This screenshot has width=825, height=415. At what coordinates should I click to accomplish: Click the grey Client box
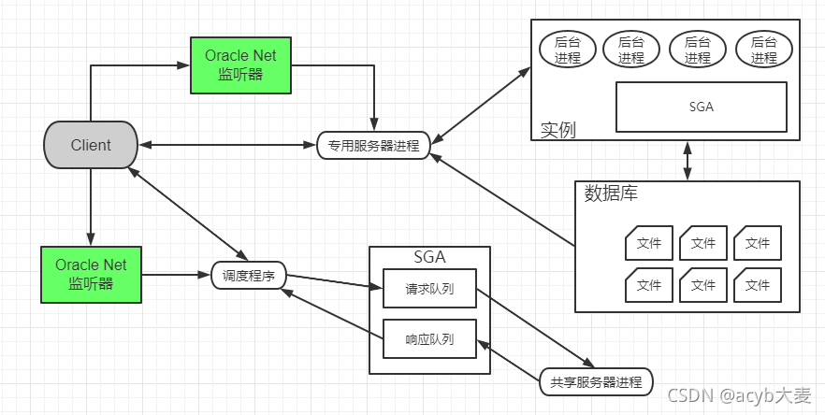click(91, 146)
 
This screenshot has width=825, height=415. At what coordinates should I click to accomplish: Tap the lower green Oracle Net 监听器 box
click(91, 275)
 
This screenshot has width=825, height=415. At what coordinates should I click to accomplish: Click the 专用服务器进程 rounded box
click(373, 146)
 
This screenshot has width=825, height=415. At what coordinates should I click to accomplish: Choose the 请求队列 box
click(429, 289)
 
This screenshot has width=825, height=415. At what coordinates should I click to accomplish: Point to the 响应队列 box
click(429, 338)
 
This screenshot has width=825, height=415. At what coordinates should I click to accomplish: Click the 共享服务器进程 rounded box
click(596, 382)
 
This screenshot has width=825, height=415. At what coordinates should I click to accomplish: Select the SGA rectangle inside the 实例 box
click(700, 107)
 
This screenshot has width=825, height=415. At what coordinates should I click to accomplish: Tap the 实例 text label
click(558, 129)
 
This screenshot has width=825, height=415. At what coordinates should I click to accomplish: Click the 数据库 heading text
click(611, 194)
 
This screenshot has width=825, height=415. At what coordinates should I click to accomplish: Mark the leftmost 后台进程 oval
click(568, 50)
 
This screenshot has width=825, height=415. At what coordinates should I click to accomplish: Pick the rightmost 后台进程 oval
click(763, 50)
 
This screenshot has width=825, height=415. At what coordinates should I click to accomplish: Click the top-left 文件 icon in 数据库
click(648, 244)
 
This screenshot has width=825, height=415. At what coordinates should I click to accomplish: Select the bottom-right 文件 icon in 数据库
click(757, 284)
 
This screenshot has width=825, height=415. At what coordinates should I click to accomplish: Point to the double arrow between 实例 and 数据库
click(687, 161)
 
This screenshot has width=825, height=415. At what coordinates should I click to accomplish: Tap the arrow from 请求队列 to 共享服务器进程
click(534, 327)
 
